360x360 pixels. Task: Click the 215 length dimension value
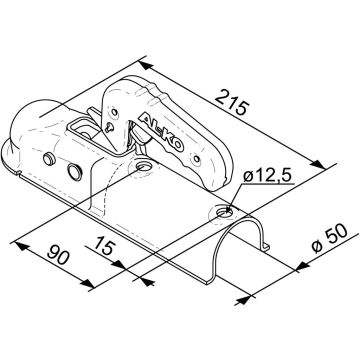pos(232,103)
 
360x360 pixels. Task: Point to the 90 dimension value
pos(59,255)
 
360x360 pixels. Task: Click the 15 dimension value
pos(104,245)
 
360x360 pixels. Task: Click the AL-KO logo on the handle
pos(162,132)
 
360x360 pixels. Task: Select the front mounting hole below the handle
pos(144,165)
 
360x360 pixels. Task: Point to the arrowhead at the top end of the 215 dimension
pos(146,66)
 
